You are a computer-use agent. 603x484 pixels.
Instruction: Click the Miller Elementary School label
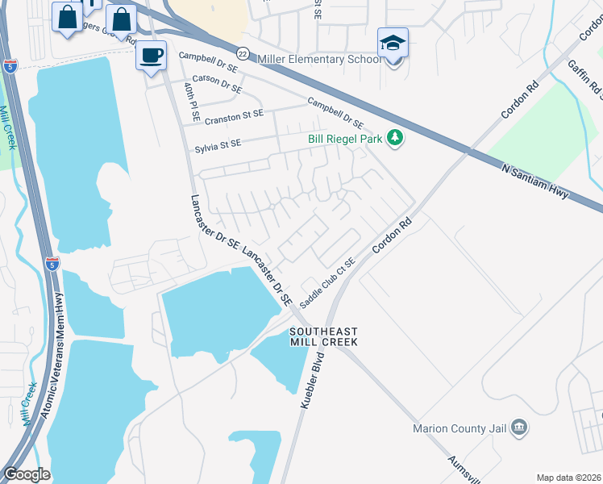point(319,59)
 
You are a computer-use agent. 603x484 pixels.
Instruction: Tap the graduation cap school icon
point(393,43)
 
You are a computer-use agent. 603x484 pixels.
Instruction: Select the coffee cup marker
point(151,56)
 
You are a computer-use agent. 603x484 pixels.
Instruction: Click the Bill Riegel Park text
point(345,139)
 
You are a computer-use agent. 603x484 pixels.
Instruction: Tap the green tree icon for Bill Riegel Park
point(395,139)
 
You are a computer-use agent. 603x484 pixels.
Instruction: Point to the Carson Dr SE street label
point(217,83)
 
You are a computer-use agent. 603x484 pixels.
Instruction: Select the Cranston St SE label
point(234,118)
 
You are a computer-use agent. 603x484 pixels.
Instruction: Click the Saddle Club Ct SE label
point(327,282)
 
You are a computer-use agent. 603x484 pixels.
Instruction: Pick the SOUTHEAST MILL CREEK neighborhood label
point(323,337)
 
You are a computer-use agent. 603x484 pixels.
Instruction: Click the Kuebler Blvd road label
point(316,379)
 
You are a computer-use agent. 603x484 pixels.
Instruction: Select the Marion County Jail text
point(460,428)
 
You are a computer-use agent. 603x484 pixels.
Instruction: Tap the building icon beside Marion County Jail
point(519,426)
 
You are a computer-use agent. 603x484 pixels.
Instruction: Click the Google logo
point(27,474)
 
